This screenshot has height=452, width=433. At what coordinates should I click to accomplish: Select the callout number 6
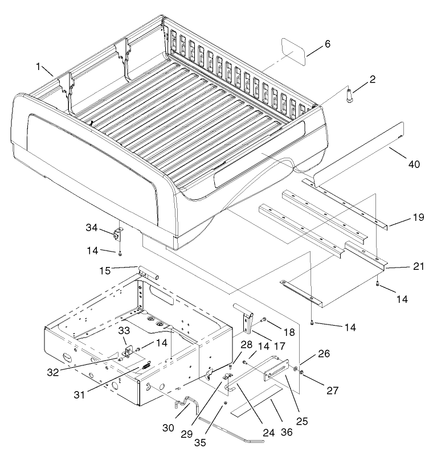[x=327, y=44]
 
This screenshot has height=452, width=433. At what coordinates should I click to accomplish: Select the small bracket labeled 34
[x=120, y=234]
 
